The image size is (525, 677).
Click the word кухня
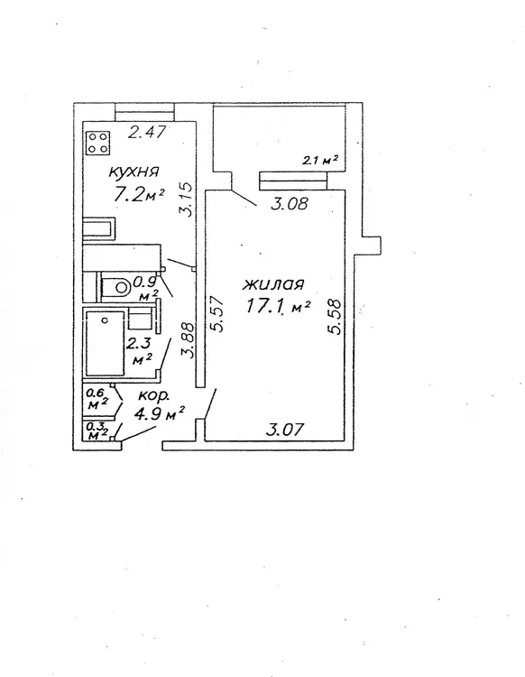tap(134, 172)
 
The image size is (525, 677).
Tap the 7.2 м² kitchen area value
tap(139, 195)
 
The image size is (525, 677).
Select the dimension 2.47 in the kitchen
tap(147, 131)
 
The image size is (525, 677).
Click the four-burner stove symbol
tap(98, 143)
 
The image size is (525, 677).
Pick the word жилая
tap(274, 285)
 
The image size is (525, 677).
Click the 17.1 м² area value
tap(278, 306)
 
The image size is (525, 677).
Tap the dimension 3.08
tap(290, 203)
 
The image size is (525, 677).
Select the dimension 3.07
tap(286, 430)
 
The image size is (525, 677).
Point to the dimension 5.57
tap(217, 313)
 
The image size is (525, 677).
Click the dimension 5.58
tap(335, 317)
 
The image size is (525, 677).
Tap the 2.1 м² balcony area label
tap(319, 161)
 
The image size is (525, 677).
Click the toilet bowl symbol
tap(116, 286)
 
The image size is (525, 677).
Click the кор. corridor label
tap(154, 397)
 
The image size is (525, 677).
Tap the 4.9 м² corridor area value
tap(159, 414)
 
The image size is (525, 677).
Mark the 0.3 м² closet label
tap(97, 431)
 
